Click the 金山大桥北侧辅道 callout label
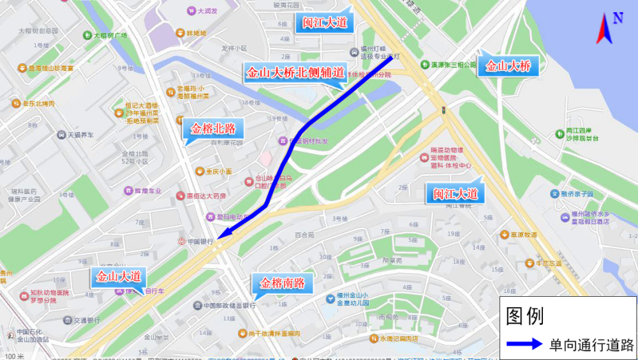(295, 73)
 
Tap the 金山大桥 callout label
(508, 66)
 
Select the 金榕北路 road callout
(213, 129)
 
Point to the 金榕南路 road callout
(282, 283)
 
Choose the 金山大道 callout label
(118, 277)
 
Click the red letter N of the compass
(618, 18)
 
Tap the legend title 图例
(524, 315)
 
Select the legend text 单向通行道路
(591, 345)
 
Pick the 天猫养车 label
(80, 135)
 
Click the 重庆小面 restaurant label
(218, 171)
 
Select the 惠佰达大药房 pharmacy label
(205, 195)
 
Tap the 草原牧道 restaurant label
(523, 234)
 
